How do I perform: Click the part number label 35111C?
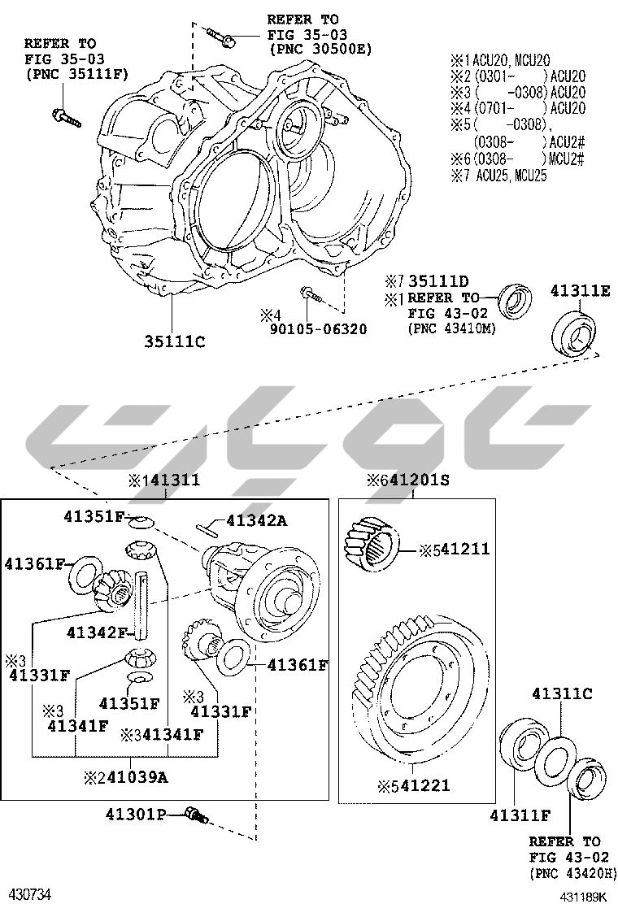pyautogui.click(x=175, y=342)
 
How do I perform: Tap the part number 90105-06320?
pyautogui.click(x=318, y=329)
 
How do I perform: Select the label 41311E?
pyautogui.click(x=579, y=290)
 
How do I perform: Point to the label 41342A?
pyautogui.click(x=256, y=520)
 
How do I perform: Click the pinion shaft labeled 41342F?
pyautogui.click(x=141, y=605)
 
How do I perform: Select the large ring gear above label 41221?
pyautogui.click(x=416, y=686)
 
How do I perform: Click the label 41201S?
pyautogui.click(x=415, y=480)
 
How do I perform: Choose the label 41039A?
pyautogui.click(x=137, y=778)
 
